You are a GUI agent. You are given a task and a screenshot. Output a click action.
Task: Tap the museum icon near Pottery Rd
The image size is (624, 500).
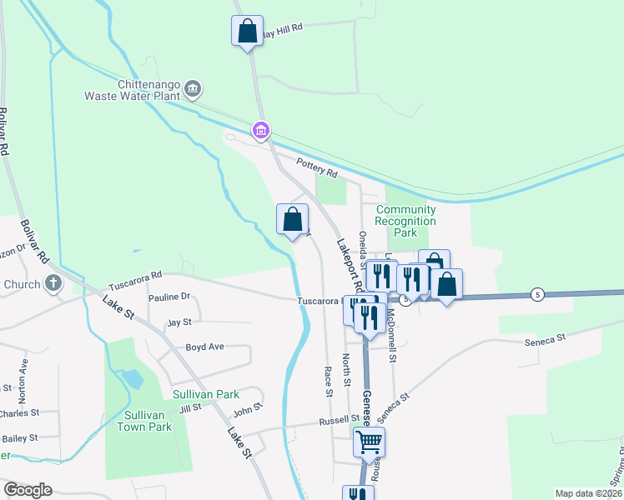coord(261,130)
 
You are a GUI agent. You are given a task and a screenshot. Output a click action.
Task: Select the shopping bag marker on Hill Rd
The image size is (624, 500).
coord(247,32)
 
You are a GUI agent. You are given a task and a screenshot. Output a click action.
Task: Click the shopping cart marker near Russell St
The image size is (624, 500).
coord(369,441)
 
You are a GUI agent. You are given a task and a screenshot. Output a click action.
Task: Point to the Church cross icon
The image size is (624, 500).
coord(53,282)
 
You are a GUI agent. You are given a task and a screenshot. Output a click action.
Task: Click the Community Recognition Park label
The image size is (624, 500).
coord(405,221)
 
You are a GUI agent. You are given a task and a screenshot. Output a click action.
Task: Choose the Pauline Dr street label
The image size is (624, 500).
coord(170,297)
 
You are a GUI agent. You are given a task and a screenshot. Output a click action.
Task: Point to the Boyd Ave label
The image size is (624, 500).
coord(205,347)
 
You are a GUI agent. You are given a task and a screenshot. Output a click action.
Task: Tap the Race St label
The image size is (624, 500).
coord(328,380)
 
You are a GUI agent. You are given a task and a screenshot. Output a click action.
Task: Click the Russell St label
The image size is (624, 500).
coord(339,421)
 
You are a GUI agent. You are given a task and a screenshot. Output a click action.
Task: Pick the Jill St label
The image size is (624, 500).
coord(190,408)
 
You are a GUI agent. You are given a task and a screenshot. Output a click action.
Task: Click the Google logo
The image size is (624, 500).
coord(28,490)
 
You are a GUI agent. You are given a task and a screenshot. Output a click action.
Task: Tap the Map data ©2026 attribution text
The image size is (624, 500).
coord(587,493)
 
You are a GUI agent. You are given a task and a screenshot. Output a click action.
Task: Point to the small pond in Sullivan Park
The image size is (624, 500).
coord(132,379)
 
